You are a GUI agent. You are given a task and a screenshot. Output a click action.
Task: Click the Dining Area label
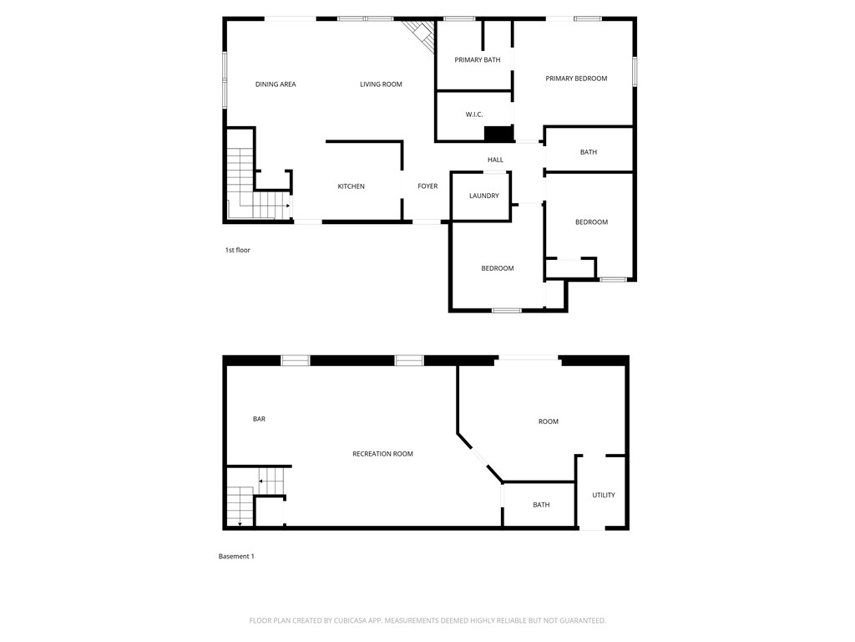click(x=276, y=84)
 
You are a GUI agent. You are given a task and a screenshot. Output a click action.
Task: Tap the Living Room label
click(x=381, y=84)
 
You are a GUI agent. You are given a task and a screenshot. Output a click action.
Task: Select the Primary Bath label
click(x=478, y=60)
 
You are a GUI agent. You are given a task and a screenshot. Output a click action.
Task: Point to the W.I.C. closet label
click(x=474, y=115)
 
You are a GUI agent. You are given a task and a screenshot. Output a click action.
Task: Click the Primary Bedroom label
click(x=576, y=79)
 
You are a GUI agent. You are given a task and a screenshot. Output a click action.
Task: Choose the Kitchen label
click(x=351, y=186)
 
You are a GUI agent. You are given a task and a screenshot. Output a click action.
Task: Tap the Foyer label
click(x=427, y=186)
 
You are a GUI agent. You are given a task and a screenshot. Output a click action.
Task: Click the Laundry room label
click(x=484, y=196)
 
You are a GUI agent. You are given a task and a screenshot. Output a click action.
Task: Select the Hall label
click(x=495, y=160)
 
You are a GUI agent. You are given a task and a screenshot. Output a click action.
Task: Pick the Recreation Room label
click(x=382, y=454)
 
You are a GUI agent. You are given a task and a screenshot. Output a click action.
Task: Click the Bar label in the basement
click(x=259, y=419)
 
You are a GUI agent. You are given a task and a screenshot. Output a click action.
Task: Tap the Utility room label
click(x=604, y=495)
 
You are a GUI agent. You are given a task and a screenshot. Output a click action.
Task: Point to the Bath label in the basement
click(x=541, y=505)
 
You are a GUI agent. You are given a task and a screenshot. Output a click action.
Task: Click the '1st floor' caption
click(x=237, y=250)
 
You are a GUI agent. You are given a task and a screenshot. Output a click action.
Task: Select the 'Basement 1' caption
click(x=236, y=557)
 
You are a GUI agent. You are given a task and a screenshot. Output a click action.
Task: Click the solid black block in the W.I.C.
click(x=498, y=134)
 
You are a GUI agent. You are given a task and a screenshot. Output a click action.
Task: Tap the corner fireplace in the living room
click(x=419, y=34)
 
